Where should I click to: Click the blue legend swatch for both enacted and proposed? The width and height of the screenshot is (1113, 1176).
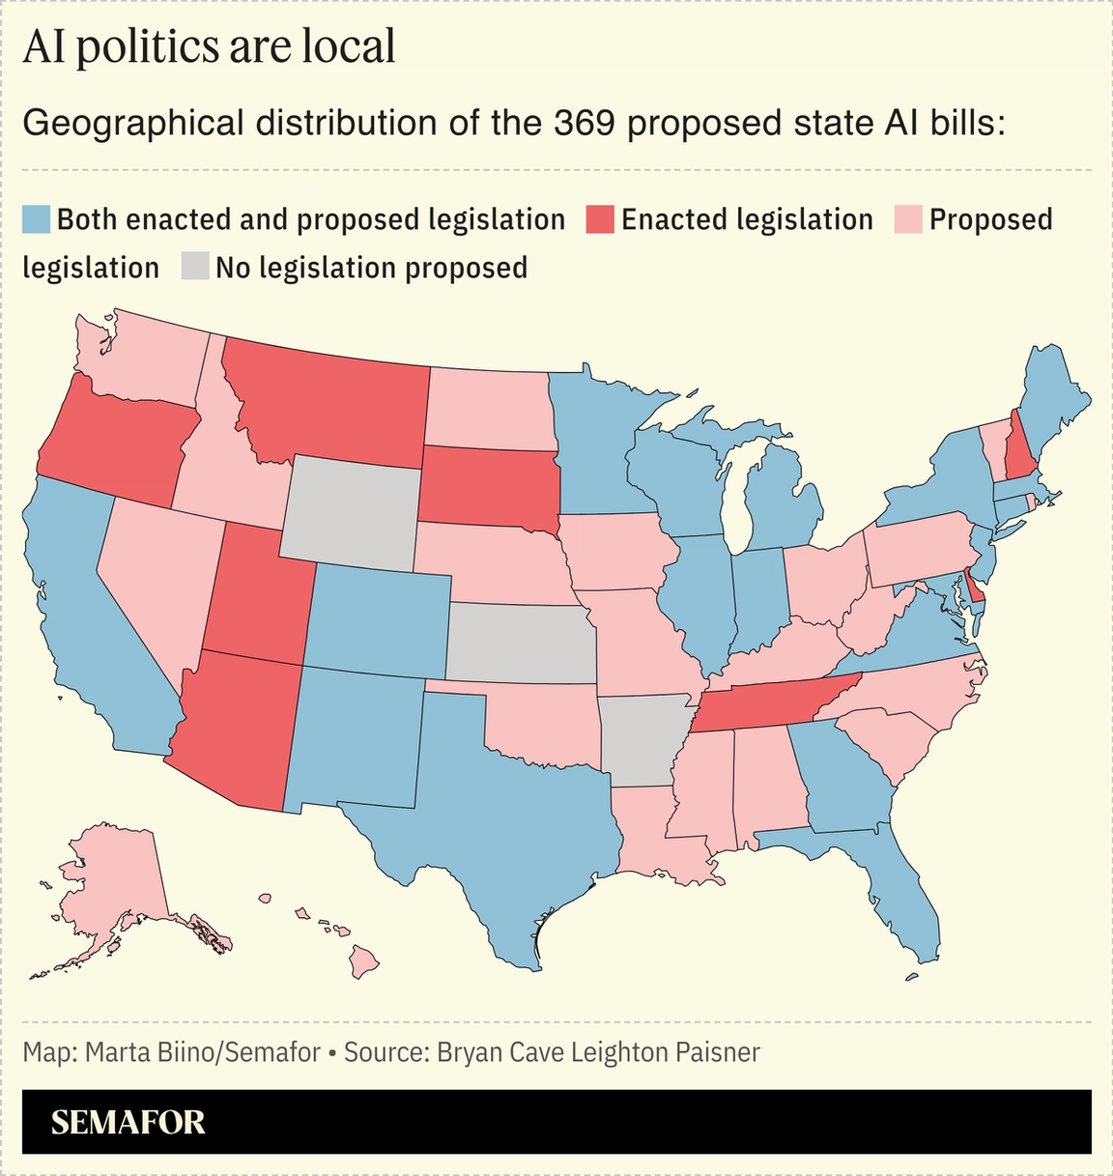tap(36, 219)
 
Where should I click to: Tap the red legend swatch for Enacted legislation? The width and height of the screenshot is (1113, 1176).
tap(600, 219)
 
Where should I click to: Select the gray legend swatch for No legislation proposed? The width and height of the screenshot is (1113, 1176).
tap(195, 267)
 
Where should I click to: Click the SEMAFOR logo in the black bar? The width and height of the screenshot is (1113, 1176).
tap(128, 1122)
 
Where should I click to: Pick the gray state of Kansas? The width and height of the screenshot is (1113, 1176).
tap(522, 643)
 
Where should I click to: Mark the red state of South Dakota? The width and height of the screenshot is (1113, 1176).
tap(488, 488)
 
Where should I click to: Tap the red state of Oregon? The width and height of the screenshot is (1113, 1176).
tap(116, 445)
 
